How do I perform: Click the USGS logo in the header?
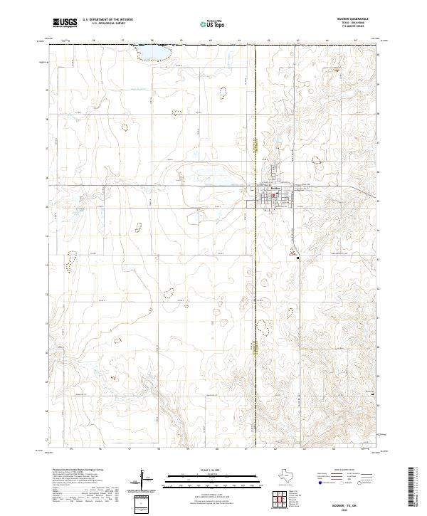tap(63, 23)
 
